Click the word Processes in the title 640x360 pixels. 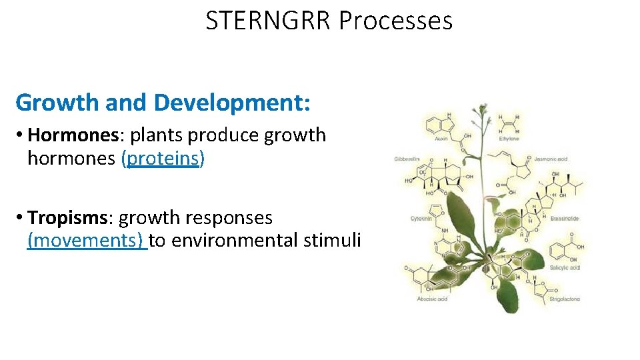pyautogui.click(x=395, y=21)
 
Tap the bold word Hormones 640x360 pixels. pyautogui.click(x=73, y=135)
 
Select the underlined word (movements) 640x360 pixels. pyautogui.click(x=86, y=240)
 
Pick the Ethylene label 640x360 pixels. pyautogui.click(x=509, y=139)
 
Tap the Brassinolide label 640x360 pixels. pyautogui.click(x=565, y=218)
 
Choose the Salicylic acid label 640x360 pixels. pyautogui.click(x=565, y=267)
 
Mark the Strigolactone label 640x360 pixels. pyautogui.click(x=565, y=299)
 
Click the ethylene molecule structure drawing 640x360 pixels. pyautogui.click(x=509, y=123)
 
